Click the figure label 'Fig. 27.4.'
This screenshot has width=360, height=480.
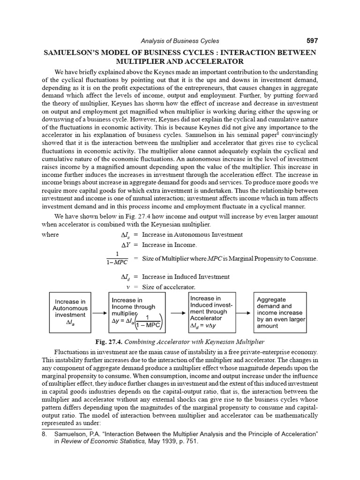pos(110,341)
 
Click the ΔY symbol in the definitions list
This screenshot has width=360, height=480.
pos(125,245)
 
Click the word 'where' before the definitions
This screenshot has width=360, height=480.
pos(50,234)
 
